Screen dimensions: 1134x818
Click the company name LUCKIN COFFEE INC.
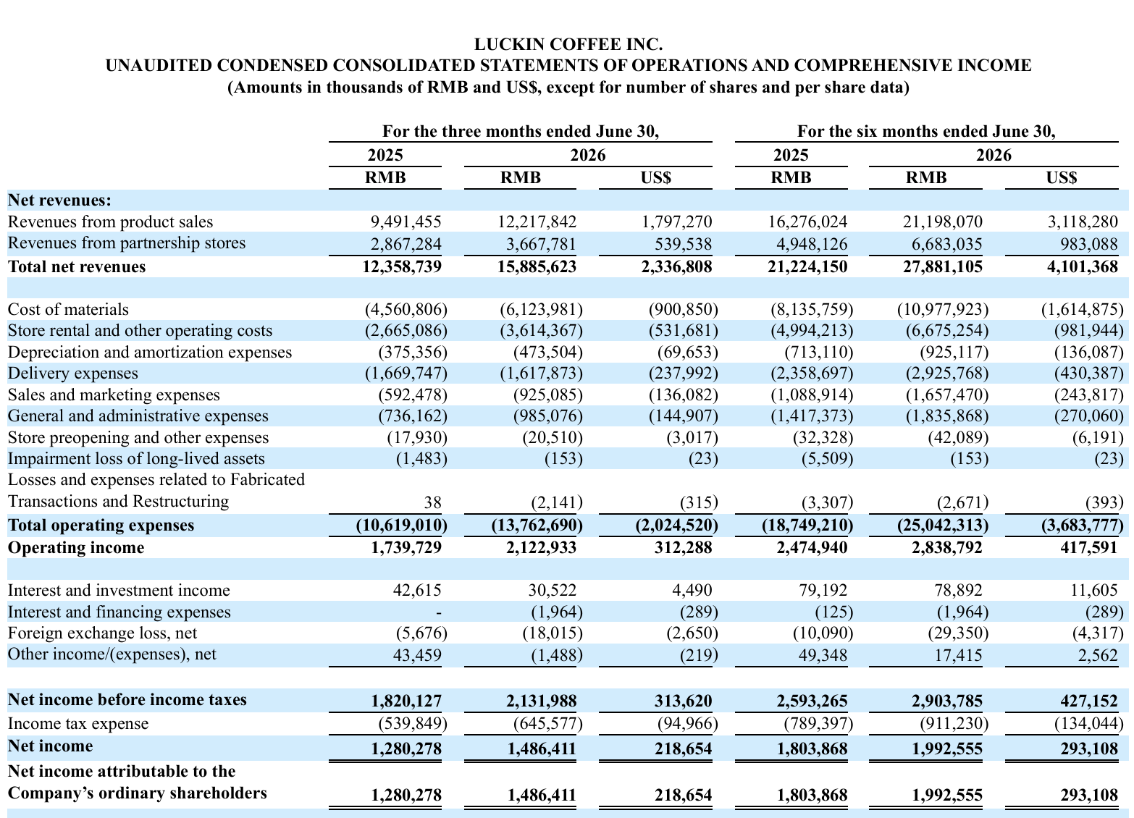(568, 45)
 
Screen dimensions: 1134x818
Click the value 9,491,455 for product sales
(406, 222)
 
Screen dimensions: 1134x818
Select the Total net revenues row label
(77, 267)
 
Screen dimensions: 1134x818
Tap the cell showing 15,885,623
(537, 267)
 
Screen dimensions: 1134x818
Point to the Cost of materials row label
(68, 309)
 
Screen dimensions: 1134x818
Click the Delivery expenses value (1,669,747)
(406, 373)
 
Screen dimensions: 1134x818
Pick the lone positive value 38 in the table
(433, 502)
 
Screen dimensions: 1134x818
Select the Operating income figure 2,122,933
(541, 547)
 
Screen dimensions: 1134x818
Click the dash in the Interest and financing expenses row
(438, 613)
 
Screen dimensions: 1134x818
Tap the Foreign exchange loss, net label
(102, 633)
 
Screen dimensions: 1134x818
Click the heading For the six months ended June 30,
(926, 132)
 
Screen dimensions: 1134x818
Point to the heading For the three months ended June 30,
(521, 132)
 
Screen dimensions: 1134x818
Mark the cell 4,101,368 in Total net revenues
(1083, 267)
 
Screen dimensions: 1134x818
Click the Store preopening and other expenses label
(138, 437)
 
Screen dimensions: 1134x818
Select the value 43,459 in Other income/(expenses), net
(417, 655)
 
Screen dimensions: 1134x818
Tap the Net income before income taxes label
(127, 699)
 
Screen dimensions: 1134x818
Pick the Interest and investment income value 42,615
(417, 590)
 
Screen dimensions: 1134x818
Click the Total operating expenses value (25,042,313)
(943, 526)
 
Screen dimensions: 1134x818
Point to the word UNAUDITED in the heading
(159, 66)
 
